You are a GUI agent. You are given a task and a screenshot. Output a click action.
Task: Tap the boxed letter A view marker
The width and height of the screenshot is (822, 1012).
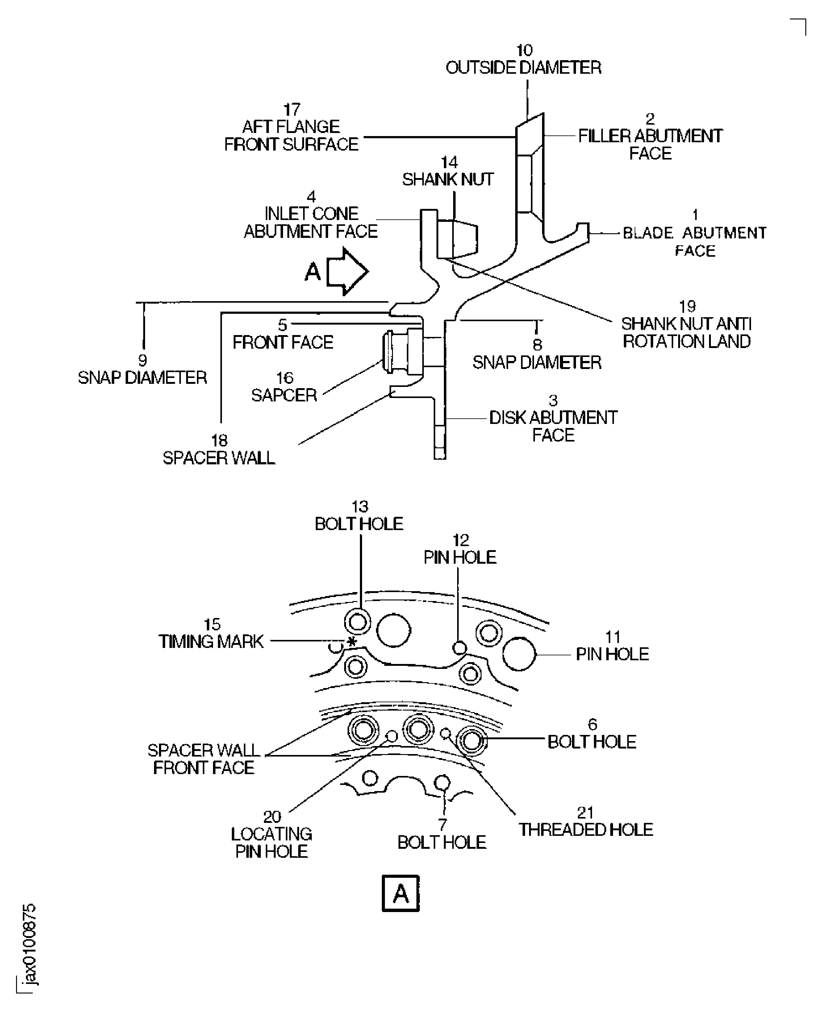(x=401, y=893)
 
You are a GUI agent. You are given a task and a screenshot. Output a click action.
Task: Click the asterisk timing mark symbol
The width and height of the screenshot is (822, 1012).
(x=351, y=642)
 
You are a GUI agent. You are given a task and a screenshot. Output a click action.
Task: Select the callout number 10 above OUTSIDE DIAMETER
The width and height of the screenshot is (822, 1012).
(x=524, y=50)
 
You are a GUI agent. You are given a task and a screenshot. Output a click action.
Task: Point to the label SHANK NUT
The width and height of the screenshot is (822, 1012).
(x=448, y=179)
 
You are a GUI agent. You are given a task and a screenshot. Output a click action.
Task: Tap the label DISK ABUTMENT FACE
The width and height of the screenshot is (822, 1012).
(x=553, y=426)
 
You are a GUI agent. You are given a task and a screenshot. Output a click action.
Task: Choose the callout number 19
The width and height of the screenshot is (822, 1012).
(x=687, y=306)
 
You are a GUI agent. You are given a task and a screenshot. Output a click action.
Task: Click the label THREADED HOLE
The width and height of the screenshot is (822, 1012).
(x=586, y=830)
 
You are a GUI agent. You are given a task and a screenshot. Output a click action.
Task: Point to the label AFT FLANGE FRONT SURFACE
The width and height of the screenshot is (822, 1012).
(x=291, y=135)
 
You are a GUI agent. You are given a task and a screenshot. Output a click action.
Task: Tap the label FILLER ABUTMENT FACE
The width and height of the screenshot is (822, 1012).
(x=650, y=144)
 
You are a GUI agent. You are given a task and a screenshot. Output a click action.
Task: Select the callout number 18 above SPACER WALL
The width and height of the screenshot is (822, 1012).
(x=219, y=440)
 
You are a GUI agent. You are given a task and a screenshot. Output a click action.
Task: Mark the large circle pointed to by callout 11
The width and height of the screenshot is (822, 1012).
(x=519, y=654)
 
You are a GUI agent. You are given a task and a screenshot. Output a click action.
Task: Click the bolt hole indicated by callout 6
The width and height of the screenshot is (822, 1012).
(x=472, y=741)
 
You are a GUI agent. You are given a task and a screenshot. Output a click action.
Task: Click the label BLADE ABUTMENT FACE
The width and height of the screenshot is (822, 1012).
(x=695, y=241)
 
